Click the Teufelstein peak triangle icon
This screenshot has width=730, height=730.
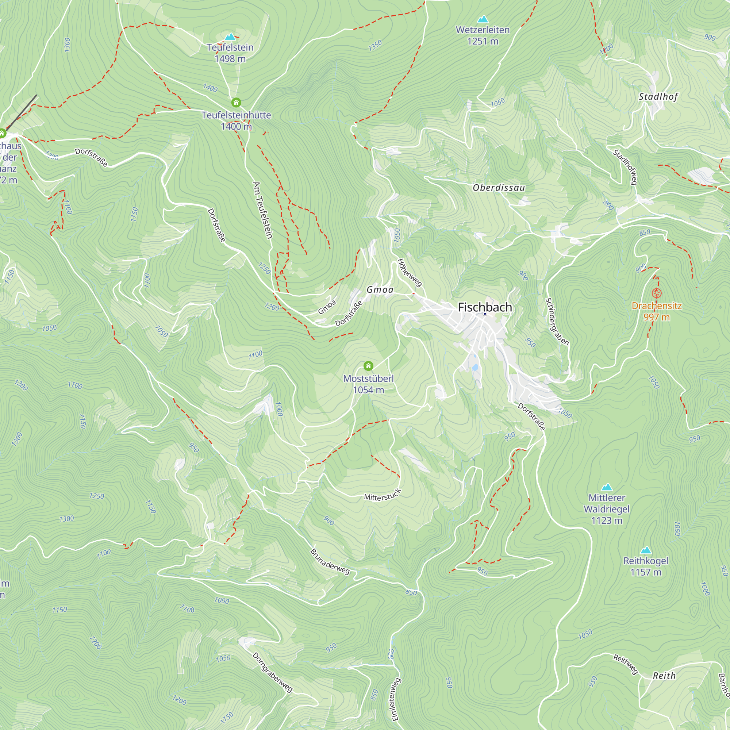coord(230,36)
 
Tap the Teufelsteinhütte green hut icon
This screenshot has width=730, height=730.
coord(236,103)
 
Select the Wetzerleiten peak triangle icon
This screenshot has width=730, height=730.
coord(483,19)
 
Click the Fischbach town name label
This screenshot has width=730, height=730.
coord(485,307)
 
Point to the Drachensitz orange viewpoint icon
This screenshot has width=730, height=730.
coord(657,293)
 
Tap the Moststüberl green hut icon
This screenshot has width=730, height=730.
coord(368,366)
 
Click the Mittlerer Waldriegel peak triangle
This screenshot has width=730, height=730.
coord(606,487)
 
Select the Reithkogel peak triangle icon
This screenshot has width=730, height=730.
coord(646,550)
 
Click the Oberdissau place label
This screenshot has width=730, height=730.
coord(499,188)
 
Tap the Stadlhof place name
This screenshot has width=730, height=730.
coord(658,97)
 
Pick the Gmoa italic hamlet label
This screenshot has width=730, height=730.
coord(380,290)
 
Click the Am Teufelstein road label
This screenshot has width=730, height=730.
coord(262,211)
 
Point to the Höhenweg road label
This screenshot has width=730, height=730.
coord(410,272)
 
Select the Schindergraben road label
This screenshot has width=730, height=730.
coord(557,321)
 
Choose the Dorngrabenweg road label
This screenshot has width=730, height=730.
coord(272,672)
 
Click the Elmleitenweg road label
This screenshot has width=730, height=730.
coord(396,699)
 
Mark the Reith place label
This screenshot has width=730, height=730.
coord(664,676)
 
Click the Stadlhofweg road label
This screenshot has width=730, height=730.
coord(625,167)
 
